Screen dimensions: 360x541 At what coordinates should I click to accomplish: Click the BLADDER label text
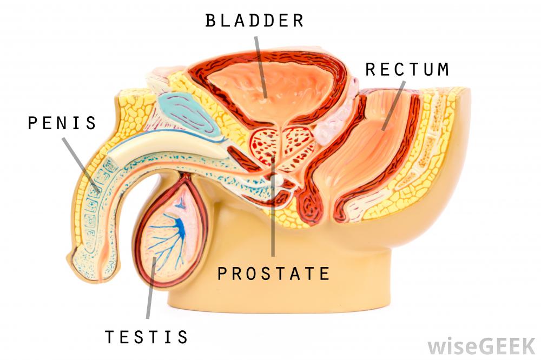click(254, 21)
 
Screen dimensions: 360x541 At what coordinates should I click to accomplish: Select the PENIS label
click(62, 123)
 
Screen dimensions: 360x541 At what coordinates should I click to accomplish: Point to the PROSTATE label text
click(273, 274)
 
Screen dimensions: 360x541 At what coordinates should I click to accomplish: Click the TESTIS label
click(147, 337)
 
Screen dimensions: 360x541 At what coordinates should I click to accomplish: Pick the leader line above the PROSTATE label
click(273, 216)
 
